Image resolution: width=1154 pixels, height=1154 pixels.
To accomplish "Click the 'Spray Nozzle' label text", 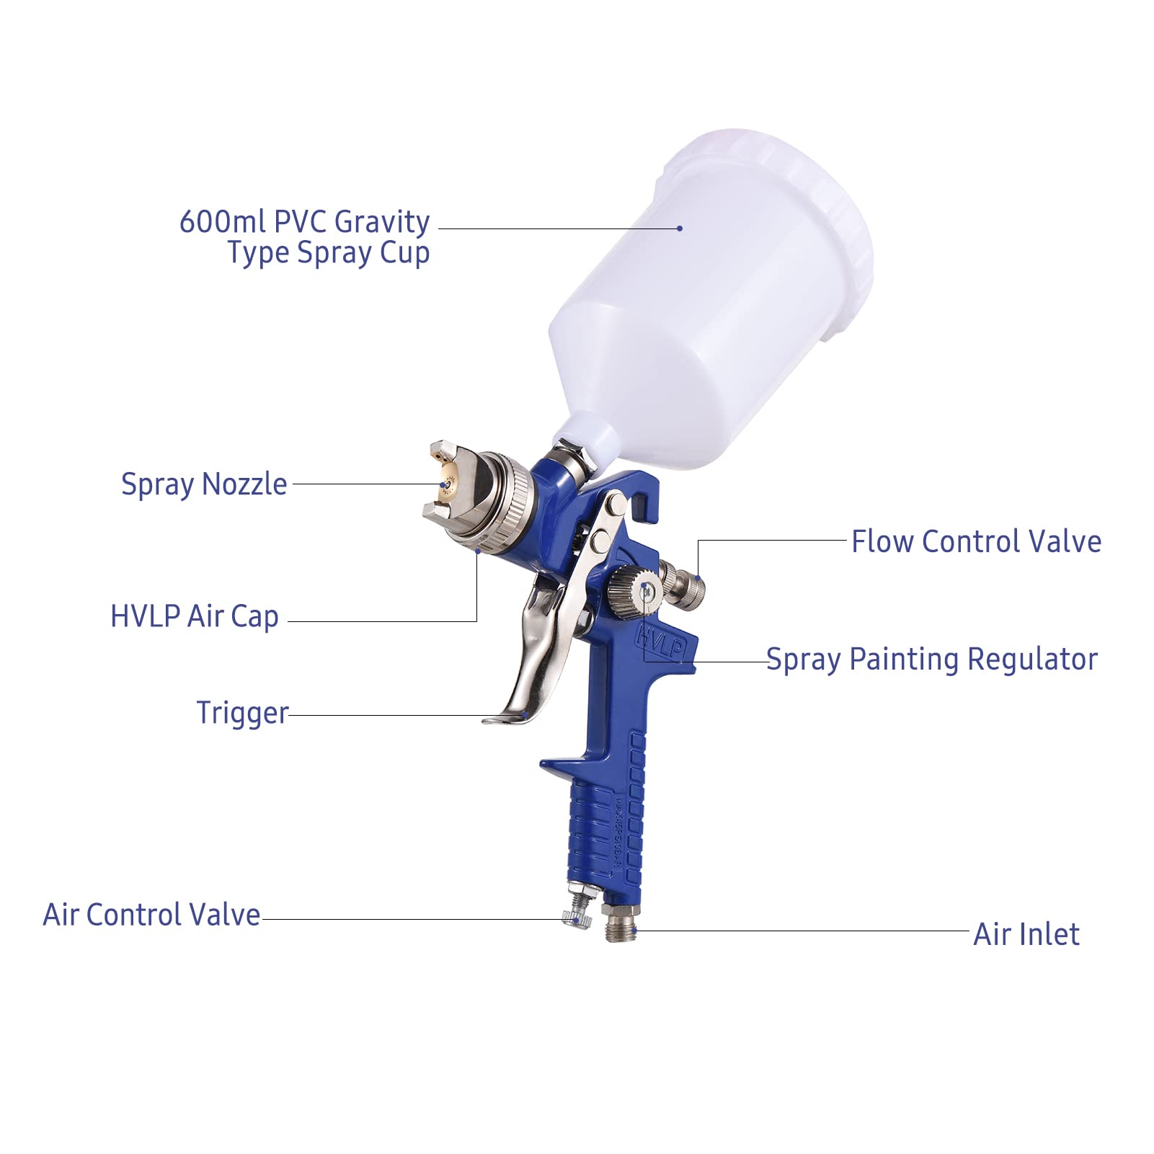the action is coord(204,484).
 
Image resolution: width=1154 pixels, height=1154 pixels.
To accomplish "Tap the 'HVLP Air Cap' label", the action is coord(195,617).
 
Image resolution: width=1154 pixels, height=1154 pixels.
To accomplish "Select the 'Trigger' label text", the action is coord(242,713).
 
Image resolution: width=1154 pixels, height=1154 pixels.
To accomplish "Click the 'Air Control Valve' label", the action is coord(151,915).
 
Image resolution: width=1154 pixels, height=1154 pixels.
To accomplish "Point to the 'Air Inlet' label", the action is coord(1026,934).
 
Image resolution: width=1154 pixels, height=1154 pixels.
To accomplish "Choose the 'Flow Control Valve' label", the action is coord(976,541).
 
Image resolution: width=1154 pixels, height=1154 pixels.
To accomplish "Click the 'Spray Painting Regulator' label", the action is coord(931,660).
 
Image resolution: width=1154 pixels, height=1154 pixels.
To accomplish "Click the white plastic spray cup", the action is coord(710,303).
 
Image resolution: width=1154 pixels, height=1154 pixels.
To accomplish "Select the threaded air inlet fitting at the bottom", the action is coord(621,924).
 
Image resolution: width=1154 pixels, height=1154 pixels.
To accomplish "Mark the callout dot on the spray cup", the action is coord(680,228).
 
